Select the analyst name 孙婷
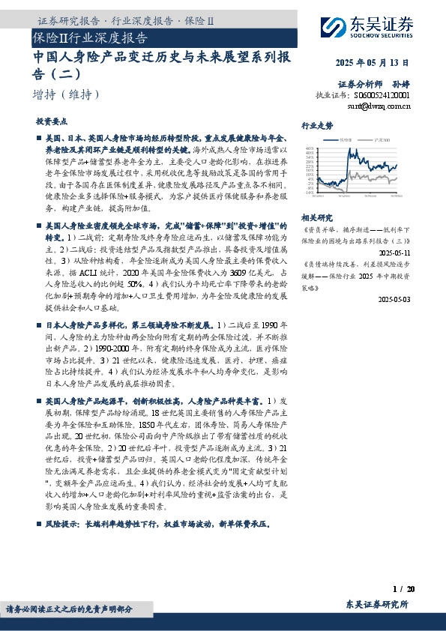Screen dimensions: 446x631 click(x=400, y=84)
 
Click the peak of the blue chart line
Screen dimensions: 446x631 click(x=341, y=150)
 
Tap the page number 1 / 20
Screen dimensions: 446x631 click(x=403, y=591)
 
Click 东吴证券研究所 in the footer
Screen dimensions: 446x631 click(x=377, y=604)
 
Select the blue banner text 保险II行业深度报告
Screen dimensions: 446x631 click(x=90, y=37)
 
